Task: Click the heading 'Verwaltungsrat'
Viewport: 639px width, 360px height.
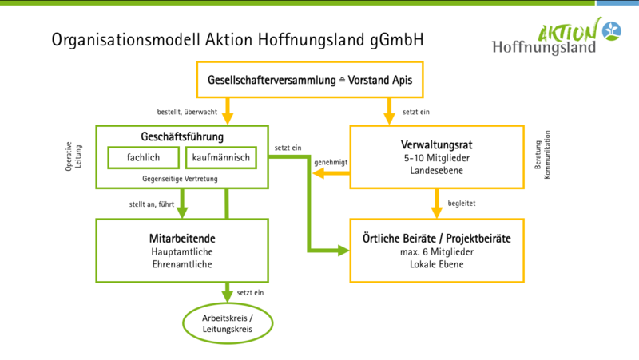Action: coord(436,144)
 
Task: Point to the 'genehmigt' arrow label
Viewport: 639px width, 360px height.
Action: coord(331,163)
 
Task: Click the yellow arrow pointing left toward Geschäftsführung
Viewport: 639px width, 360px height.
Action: coord(331,173)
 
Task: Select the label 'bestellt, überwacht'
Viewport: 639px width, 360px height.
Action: coord(187,112)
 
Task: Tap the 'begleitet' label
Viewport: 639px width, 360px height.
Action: coord(462,204)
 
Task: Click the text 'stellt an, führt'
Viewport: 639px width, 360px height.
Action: coord(152,204)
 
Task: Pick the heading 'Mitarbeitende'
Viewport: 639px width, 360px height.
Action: coord(182,238)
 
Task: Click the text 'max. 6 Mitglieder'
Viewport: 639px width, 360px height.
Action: coord(436,252)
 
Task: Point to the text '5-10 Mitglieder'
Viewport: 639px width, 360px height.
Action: coord(436,158)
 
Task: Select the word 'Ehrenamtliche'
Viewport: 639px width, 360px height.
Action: coord(182,264)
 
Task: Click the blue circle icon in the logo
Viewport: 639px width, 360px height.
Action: coord(612,31)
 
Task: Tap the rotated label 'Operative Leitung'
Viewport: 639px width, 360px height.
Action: coord(73,156)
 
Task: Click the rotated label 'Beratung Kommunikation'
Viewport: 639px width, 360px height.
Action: coord(542,155)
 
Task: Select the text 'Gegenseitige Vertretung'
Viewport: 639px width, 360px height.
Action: coord(180,179)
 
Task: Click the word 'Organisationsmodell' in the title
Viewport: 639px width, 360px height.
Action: coord(126,40)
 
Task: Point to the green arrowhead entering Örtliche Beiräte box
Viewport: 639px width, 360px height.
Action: coord(343,251)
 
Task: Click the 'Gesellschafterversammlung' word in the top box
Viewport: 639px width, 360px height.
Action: coord(272,80)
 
